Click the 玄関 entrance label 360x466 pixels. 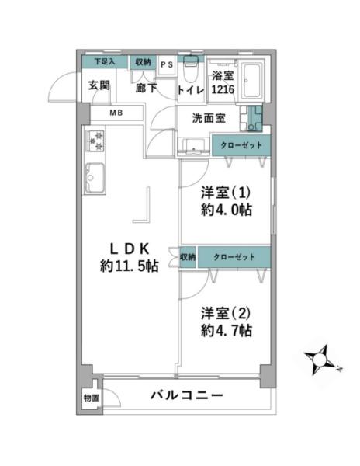(99, 85)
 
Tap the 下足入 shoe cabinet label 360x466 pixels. (105, 62)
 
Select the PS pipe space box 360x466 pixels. (167, 66)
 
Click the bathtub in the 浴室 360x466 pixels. (251, 81)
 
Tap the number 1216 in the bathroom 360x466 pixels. (223, 89)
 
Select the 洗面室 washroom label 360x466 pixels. (209, 118)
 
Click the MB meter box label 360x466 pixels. (116, 113)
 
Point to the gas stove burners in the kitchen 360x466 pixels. (95, 141)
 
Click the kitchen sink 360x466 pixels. (95, 178)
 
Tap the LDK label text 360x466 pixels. (130, 249)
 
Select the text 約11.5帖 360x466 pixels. (130, 266)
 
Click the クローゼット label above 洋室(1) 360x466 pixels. (241, 145)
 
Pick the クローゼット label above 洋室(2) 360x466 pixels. (234, 257)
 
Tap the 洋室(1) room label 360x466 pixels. (225, 193)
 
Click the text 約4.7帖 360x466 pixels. (227, 330)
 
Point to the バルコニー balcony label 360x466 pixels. (186, 395)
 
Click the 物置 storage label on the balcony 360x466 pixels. (91, 398)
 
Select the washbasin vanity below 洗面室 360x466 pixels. (193, 147)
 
